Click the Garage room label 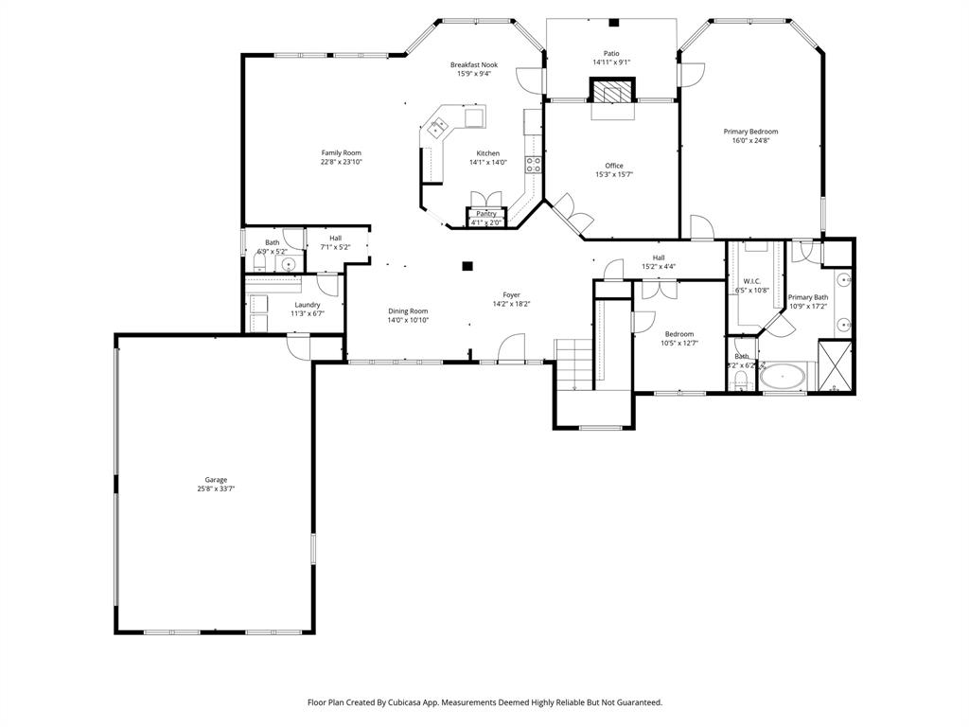click(x=216, y=480)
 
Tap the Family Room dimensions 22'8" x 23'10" click(x=341, y=162)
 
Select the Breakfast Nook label click(x=473, y=64)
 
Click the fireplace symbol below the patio click(x=611, y=91)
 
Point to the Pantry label click(x=486, y=214)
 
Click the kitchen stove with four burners click(x=533, y=166)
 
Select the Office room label click(x=614, y=166)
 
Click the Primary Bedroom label click(x=750, y=132)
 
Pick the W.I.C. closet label click(x=752, y=281)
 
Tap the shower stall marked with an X click(x=835, y=367)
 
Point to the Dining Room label click(x=408, y=311)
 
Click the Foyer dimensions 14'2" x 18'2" click(x=511, y=304)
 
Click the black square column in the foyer click(x=467, y=267)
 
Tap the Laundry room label click(x=307, y=305)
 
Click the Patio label click(x=611, y=53)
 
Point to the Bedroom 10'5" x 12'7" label click(x=678, y=334)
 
